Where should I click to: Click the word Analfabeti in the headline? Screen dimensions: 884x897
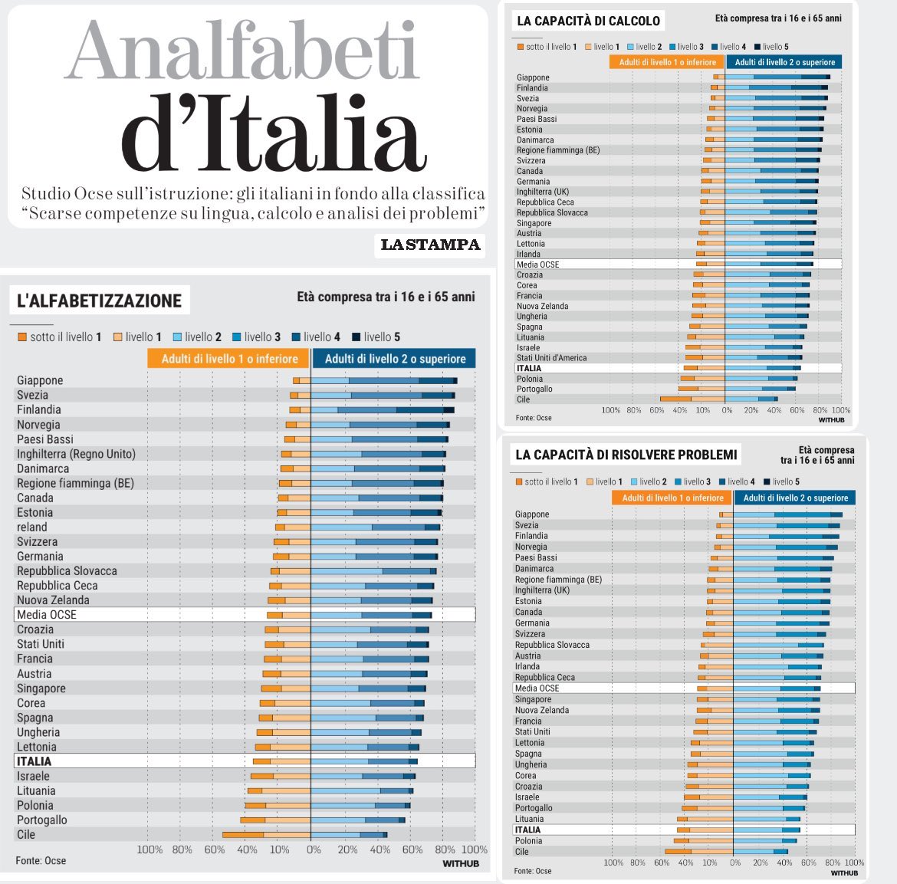242,51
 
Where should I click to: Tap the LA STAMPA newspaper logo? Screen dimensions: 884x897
431,245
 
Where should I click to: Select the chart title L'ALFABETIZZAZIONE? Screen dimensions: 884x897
99,301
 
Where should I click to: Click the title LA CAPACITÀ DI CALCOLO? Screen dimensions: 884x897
588,21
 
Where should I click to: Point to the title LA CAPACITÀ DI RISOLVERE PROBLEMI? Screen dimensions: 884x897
626,455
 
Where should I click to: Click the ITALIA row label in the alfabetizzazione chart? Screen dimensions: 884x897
34,761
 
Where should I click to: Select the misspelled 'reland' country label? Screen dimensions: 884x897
32,527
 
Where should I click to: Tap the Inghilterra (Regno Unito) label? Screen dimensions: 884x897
76,454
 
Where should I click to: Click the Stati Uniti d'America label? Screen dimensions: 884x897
551,357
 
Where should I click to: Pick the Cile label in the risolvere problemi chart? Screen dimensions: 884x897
522,851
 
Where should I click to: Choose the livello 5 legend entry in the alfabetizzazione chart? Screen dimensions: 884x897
376,337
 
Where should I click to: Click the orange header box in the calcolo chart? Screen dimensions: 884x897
667,62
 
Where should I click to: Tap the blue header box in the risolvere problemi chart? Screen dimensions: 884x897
795,498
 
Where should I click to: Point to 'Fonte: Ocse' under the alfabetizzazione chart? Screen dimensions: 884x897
41,860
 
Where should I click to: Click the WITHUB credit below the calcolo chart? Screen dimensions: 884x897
831,419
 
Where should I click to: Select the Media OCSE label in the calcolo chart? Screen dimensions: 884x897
537,265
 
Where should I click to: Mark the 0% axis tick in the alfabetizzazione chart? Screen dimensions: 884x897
314,849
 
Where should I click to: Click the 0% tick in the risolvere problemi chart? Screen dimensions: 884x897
735,863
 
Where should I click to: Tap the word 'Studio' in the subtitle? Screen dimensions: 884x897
45,193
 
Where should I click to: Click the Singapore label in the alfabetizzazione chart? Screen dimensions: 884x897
41,688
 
